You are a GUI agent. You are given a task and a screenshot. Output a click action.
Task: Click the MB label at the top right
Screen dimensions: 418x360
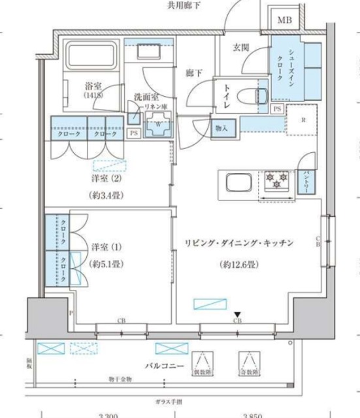click(285, 20)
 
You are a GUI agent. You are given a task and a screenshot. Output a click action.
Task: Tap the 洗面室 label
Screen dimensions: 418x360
click(147, 97)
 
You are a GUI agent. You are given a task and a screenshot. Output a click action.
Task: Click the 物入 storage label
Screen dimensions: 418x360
click(221, 129)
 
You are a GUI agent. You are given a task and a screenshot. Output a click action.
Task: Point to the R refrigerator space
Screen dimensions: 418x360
click(303, 120)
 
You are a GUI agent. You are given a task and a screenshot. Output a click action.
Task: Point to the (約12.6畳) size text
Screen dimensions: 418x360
click(238, 266)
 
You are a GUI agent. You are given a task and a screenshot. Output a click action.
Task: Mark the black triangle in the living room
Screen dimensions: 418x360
click(238, 314)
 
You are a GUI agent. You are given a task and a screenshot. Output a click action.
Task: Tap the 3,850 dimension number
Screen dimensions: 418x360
click(253, 414)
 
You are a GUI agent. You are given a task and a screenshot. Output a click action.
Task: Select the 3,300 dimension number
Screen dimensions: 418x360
click(108, 414)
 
